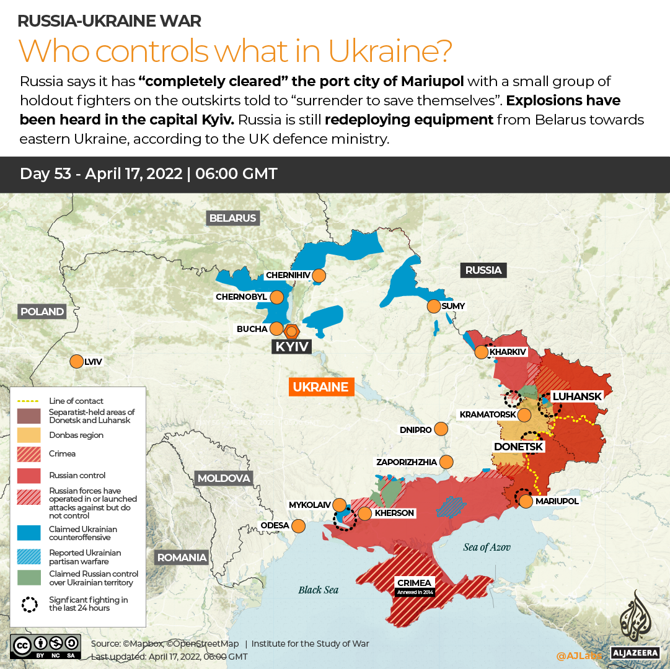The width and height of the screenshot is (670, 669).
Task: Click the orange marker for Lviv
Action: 77,361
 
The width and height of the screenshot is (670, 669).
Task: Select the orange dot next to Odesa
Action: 298,526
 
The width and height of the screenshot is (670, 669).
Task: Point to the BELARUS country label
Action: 232,218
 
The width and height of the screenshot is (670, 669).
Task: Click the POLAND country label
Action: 42,312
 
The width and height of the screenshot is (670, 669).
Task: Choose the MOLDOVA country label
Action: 224,478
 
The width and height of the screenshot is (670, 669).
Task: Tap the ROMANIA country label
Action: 182,557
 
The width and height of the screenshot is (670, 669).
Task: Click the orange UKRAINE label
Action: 320,387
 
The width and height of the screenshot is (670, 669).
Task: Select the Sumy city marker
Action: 433,306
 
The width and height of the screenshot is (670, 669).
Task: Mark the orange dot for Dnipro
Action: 441,429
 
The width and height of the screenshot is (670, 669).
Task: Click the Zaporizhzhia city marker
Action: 446,461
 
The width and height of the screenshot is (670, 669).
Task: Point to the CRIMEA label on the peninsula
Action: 415,583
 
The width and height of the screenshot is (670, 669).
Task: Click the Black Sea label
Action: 318,590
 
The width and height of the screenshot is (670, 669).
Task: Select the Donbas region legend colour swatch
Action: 29,435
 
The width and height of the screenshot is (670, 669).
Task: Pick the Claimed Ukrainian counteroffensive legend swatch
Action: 29,533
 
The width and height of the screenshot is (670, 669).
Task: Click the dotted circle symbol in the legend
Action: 29,604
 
